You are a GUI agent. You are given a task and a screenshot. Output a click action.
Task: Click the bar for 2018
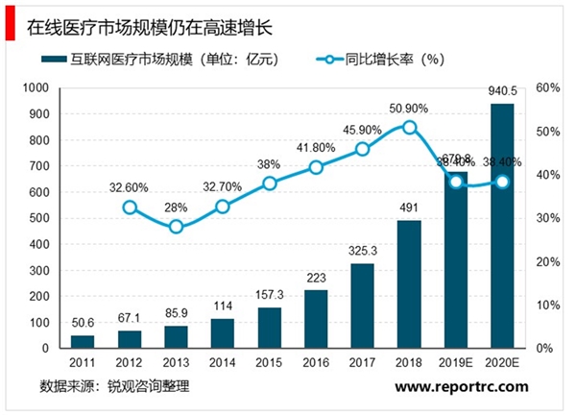tap(409, 284)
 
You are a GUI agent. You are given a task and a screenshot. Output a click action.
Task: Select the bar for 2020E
tap(502, 226)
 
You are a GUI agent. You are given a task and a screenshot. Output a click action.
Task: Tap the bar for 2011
tap(84, 341)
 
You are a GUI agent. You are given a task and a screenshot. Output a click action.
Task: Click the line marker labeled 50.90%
tap(410, 127)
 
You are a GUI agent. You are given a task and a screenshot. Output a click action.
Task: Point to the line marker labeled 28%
tap(176, 227)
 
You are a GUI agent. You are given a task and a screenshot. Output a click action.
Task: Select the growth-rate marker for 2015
tap(270, 184)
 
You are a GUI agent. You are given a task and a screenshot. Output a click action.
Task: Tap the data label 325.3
tap(363, 252)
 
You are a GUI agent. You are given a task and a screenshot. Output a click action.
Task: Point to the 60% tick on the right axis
tap(549, 87)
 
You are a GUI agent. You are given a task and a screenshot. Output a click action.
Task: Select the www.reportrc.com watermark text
tap(461, 387)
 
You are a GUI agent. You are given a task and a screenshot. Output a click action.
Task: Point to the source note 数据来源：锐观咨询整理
tap(114, 387)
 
